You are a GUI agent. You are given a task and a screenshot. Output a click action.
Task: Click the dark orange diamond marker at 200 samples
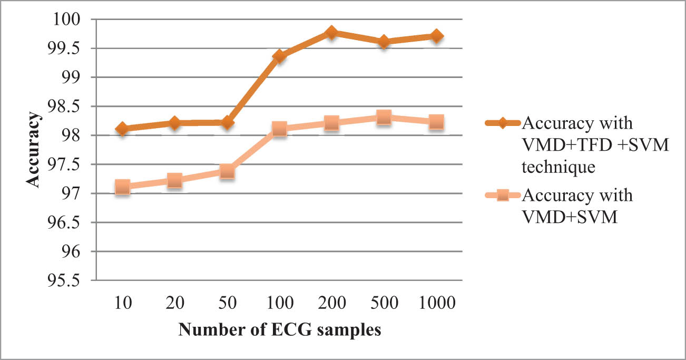pos(331,33)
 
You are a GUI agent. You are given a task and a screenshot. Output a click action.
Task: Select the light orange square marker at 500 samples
pos(384,117)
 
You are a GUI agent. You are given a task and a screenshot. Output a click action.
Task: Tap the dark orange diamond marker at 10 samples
pos(122,129)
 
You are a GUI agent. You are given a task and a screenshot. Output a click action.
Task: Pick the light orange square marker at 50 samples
pos(227,171)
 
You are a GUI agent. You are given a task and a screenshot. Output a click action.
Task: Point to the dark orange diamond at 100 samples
pos(279,56)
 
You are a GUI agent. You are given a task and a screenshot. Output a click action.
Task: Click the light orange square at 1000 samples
pos(436,122)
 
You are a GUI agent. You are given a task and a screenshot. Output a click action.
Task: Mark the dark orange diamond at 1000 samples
pos(436,36)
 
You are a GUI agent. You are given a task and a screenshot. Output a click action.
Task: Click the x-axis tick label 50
pos(227,304)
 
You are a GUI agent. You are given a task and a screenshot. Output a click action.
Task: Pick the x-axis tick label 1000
pos(436,304)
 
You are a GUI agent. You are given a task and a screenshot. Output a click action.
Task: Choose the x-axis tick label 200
pos(331,304)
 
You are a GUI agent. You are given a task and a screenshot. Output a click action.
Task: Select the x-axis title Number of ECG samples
pos(279,331)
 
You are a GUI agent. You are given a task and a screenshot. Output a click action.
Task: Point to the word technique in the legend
pos(558,168)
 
